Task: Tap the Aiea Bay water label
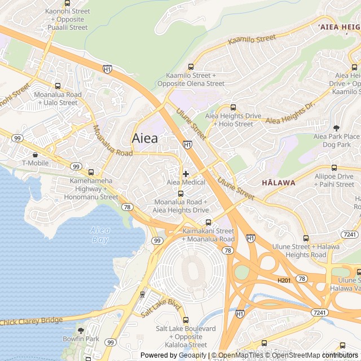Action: [100, 234]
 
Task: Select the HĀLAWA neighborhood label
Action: [278, 183]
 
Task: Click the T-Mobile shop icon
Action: [36, 155]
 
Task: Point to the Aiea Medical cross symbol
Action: [186, 174]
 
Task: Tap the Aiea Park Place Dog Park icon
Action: [336, 128]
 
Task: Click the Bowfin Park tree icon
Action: [81, 331]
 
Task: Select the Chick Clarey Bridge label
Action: [32, 321]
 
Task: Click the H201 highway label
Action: [284, 280]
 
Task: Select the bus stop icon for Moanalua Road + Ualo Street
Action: [58, 86]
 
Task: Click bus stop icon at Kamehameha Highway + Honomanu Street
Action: [91, 172]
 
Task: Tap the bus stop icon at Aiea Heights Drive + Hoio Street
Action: [233, 107]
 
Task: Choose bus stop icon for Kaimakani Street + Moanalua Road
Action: [208, 222]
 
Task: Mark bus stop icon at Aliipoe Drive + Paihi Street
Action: [334, 168]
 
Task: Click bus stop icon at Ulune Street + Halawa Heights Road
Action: [306, 238]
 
